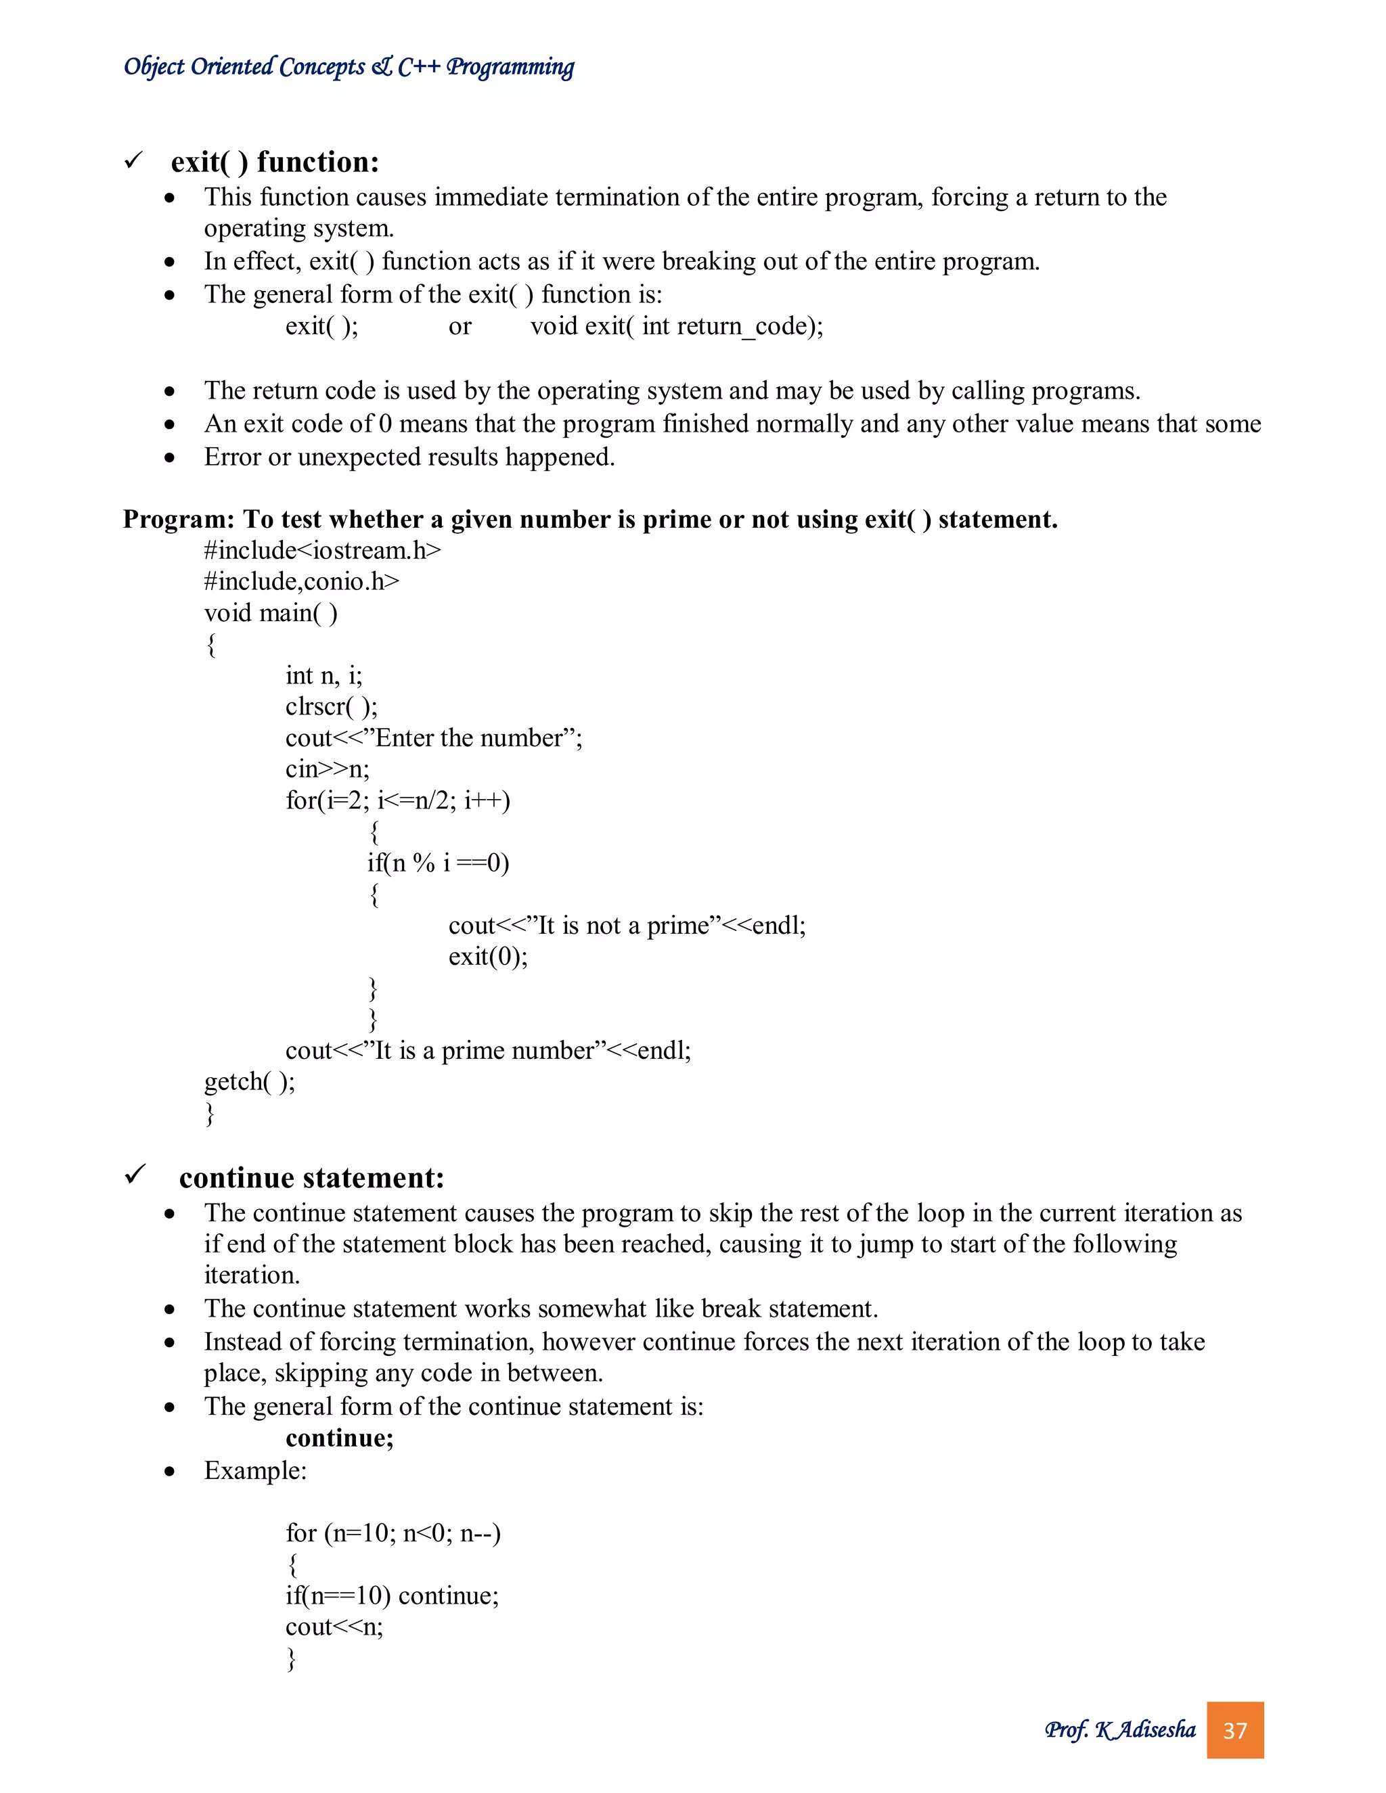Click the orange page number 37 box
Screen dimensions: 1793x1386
tap(1234, 1730)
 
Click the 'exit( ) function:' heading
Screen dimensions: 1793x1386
tap(274, 162)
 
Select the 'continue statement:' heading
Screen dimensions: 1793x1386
tap(311, 1177)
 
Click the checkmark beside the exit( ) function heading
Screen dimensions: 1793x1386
tap(134, 160)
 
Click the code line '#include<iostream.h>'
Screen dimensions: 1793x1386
tap(322, 550)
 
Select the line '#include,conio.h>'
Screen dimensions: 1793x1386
tap(301, 581)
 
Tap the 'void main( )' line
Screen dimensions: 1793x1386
tap(270, 612)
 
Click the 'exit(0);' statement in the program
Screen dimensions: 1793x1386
tap(488, 957)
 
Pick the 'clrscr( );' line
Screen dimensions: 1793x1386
tap(331, 706)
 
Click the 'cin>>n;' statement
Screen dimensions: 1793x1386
tap(327, 769)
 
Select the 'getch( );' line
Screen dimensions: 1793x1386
tap(249, 1081)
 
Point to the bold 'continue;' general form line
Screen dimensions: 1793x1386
tap(339, 1438)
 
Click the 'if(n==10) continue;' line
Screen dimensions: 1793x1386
tap(392, 1595)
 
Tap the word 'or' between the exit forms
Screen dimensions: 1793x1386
tap(460, 327)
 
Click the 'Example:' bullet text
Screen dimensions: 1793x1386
tap(254, 1470)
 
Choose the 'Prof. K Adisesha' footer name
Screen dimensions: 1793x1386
tap(1119, 1730)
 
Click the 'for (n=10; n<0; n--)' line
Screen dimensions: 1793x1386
tap(393, 1533)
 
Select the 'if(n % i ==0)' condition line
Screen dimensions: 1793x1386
tap(438, 863)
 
